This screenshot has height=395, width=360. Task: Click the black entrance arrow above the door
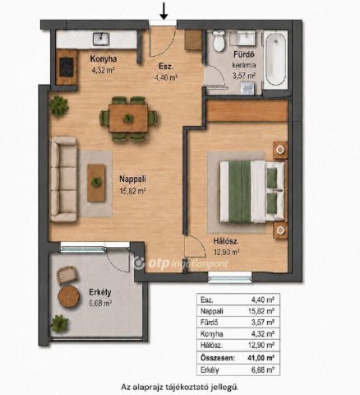point(164,12)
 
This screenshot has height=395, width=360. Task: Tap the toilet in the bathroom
point(219,40)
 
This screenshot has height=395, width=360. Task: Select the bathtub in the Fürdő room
point(276,59)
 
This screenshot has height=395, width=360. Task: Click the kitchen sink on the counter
point(101,39)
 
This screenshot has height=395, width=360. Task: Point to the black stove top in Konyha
point(67,67)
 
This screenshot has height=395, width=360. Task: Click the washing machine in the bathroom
point(248,88)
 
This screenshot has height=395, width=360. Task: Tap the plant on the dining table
point(128,118)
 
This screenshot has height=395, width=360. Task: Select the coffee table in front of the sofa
point(96,183)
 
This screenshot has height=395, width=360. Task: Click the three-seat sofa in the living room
point(64,179)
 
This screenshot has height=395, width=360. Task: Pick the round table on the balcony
point(69,296)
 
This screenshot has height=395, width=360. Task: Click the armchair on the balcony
point(67,275)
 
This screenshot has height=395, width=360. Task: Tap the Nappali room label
point(132,179)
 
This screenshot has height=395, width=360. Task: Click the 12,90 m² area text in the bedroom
point(226,252)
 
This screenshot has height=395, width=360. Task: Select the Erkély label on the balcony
point(100,292)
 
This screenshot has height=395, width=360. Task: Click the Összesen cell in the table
point(218,358)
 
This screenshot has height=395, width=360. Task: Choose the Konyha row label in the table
point(211,334)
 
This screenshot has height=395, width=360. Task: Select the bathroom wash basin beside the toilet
point(247,38)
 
